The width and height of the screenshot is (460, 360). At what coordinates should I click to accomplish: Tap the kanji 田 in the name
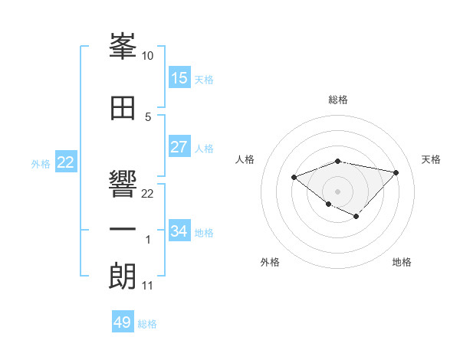pyautogui.click(x=123, y=107)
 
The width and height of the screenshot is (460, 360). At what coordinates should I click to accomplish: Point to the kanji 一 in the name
pyautogui.click(x=123, y=230)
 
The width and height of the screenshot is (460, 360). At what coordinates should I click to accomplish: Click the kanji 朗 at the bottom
pyautogui.click(x=123, y=276)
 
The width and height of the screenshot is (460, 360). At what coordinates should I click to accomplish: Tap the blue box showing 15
pyautogui.click(x=179, y=78)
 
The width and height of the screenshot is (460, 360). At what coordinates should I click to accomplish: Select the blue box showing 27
pyautogui.click(x=179, y=147)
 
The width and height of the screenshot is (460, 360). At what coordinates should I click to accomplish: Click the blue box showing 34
pyautogui.click(x=179, y=231)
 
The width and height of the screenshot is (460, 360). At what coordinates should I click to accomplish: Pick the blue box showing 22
pyautogui.click(x=66, y=162)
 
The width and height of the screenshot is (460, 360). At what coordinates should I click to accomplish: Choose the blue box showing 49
pyautogui.click(x=123, y=322)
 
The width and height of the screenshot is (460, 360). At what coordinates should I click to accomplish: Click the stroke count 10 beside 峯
pyautogui.click(x=147, y=56)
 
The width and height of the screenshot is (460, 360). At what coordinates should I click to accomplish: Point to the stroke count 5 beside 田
pyautogui.click(x=147, y=116)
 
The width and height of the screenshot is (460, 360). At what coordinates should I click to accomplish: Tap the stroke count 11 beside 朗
pyautogui.click(x=147, y=286)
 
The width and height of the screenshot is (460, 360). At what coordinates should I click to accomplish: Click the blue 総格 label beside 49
pyautogui.click(x=147, y=324)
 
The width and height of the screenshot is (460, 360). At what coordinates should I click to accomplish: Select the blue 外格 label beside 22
pyautogui.click(x=41, y=163)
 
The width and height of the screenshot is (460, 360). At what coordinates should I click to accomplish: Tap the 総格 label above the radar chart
pyautogui.click(x=337, y=100)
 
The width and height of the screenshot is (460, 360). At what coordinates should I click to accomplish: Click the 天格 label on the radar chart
pyautogui.click(x=432, y=159)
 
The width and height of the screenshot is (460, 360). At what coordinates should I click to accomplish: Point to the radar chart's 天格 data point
pyautogui.click(x=396, y=172)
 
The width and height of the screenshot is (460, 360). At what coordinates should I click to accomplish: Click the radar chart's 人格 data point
pyautogui.click(x=294, y=178)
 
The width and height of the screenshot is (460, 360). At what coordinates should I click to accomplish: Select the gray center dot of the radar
pyautogui.click(x=337, y=191)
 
